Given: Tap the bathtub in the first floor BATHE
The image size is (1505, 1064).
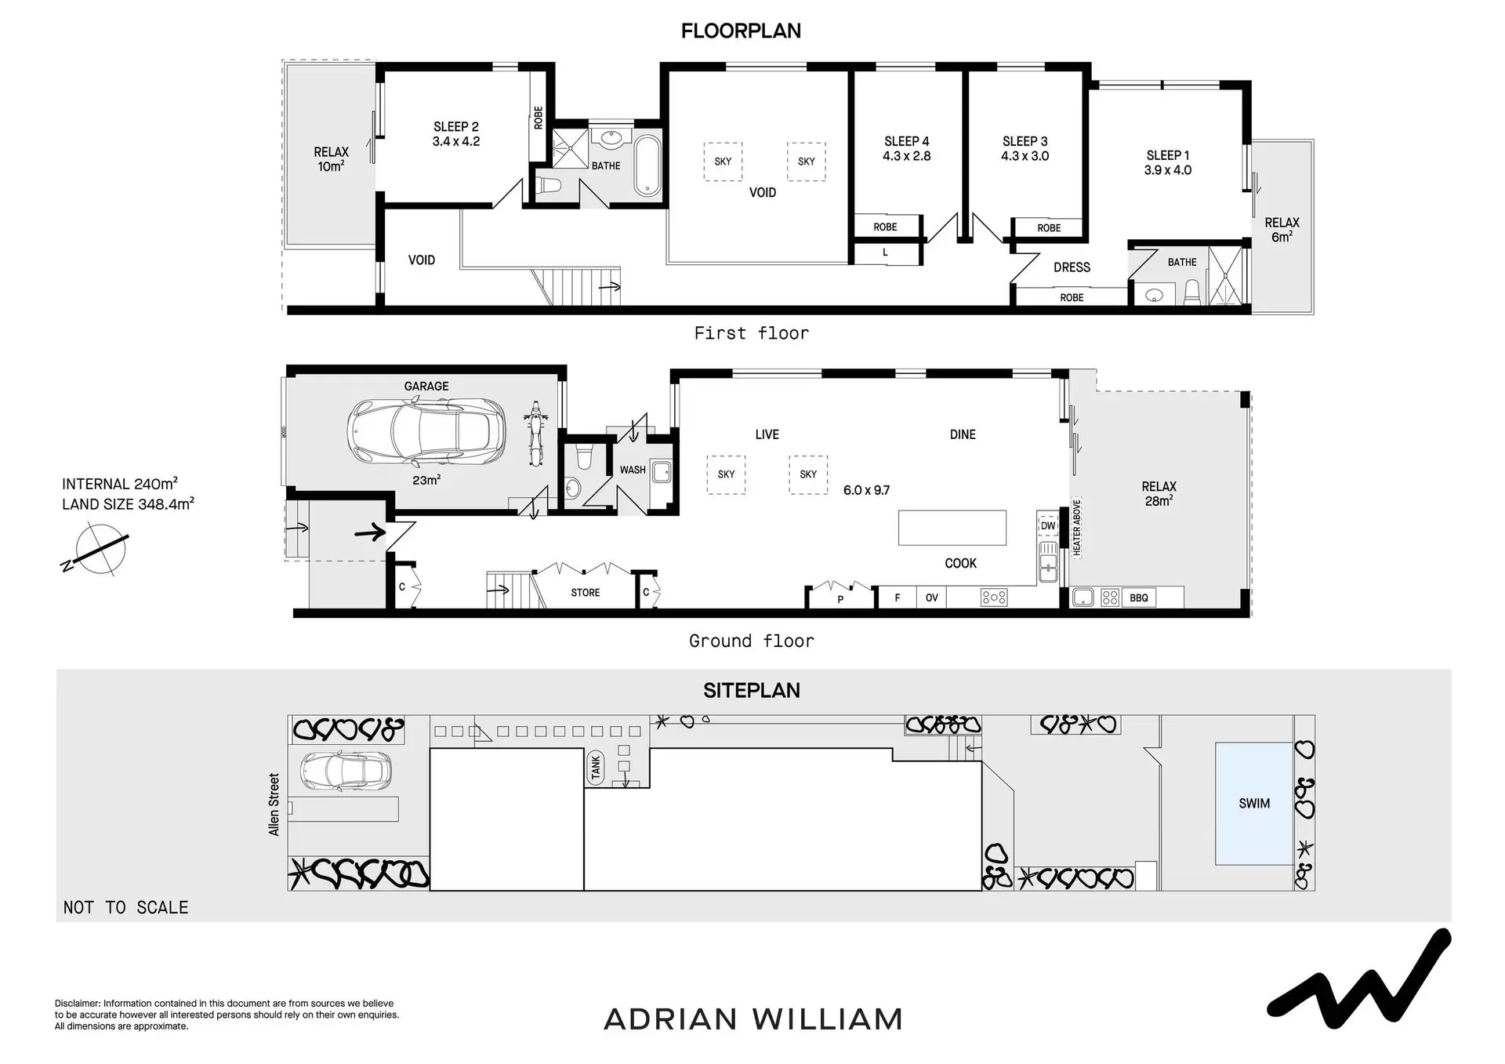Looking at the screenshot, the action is [647, 165].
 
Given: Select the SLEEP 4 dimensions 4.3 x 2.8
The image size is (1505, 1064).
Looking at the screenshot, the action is [907, 156].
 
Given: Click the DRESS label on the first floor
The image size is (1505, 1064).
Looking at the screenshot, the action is [1072, 267].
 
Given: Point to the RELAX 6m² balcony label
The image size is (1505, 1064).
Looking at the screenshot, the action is [1282, 229].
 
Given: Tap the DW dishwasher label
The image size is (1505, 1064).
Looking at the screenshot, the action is [1048, 526].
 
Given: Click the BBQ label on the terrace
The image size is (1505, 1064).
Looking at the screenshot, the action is [1139, 598].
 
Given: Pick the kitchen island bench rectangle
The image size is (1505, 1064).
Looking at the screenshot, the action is [952, 528].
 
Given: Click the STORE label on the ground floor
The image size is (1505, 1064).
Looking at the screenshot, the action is [586, 593].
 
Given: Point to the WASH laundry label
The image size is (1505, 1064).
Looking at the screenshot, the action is [633, 470].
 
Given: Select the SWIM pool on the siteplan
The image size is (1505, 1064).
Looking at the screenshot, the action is [1253, 804].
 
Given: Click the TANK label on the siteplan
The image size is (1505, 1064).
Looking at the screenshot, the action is [596, 767].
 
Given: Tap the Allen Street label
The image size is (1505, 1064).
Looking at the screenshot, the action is [274, 804].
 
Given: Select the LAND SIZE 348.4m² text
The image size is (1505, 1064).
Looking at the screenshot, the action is [128, 504].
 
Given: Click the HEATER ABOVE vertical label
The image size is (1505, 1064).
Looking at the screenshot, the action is [1077, 527].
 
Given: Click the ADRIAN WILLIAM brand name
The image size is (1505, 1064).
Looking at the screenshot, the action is [753, 1019].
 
